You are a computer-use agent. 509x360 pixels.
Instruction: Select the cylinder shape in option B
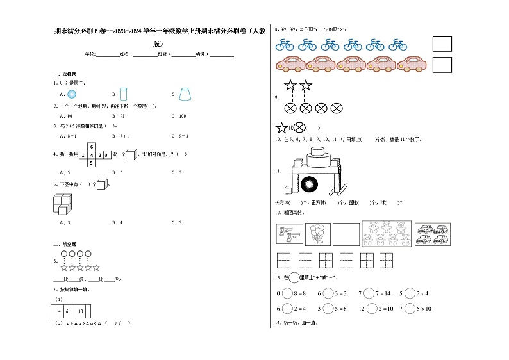coord(124,94)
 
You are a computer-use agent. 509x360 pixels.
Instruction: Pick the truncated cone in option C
coord(185,94)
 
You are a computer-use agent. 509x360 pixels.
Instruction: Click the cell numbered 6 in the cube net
coord(92,147)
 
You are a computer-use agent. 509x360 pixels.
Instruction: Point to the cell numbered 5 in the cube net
coord(92,163)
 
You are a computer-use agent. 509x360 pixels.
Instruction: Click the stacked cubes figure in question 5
coord(63,204)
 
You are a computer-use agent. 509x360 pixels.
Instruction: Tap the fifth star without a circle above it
coord(96,268)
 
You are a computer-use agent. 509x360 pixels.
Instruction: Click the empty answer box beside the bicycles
coord(442,44)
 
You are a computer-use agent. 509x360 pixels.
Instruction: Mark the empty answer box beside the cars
coord(442,65)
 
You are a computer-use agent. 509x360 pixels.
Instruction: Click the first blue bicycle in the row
coord(285,45)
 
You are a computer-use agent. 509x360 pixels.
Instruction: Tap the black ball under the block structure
coord(309,184)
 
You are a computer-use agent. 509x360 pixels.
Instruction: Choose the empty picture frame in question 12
coord(346,234)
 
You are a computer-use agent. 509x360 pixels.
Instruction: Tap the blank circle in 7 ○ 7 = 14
coord(369,293)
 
